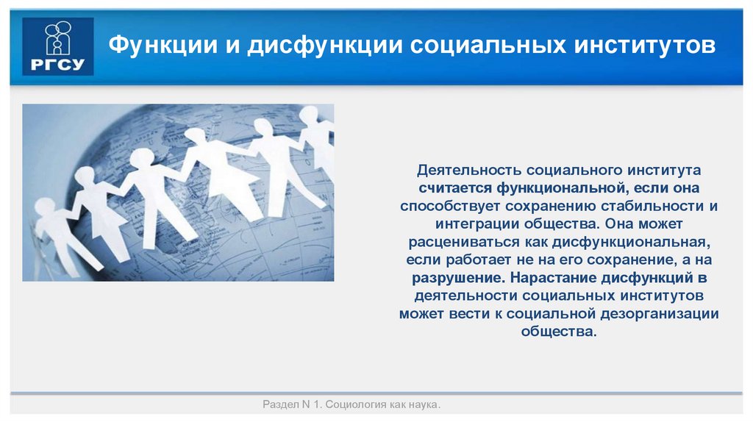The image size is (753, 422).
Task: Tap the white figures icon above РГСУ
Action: (x=58, y=39)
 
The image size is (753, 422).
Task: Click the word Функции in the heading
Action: (x=158, y=46)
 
